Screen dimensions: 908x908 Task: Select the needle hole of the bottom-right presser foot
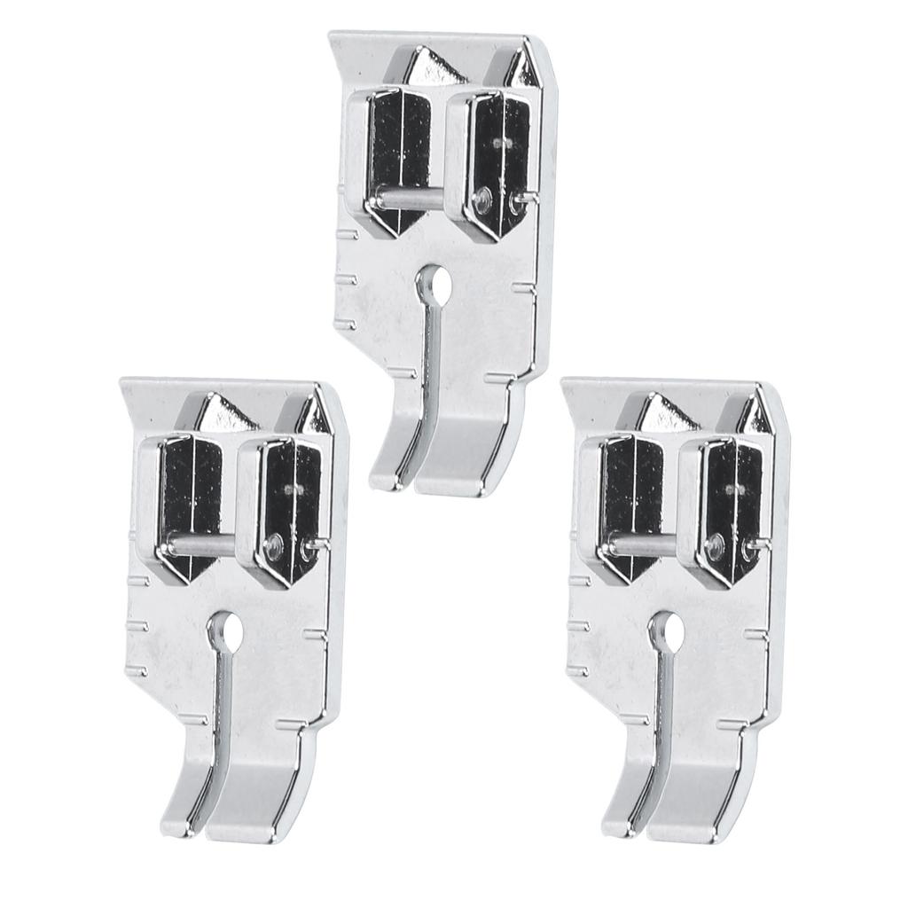(669, 630)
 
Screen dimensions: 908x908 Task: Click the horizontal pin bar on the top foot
(408, 198)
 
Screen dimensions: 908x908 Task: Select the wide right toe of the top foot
(461, 461)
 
